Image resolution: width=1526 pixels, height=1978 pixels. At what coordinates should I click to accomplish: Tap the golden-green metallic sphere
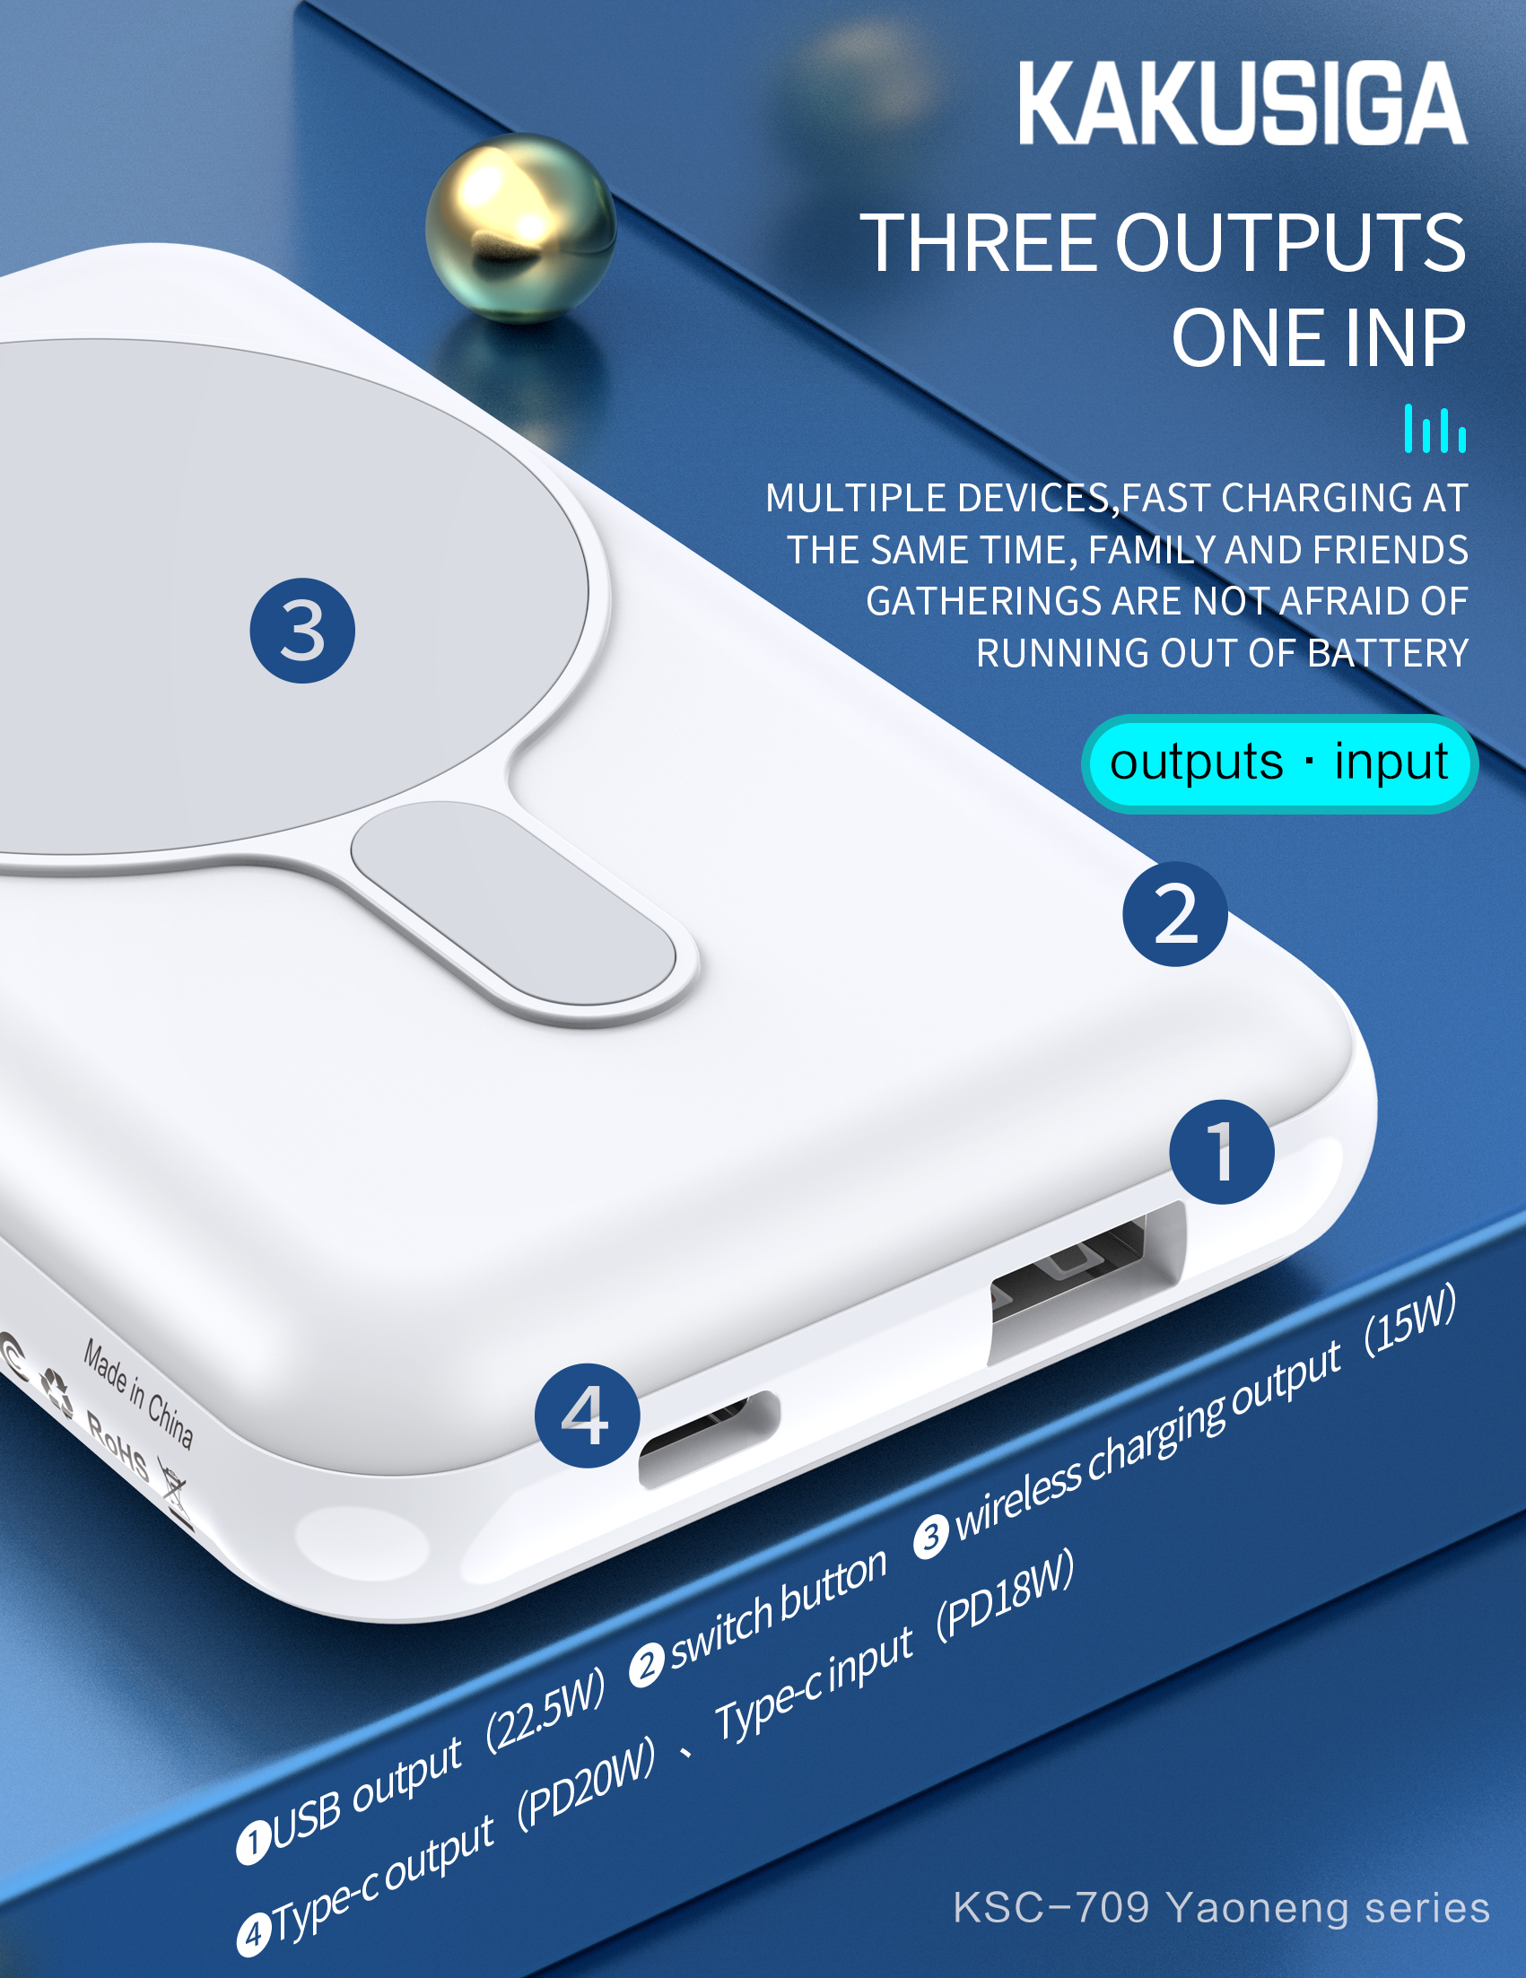click(519, 227)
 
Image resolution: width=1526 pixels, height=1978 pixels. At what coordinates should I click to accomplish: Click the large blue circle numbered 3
click(301, 631)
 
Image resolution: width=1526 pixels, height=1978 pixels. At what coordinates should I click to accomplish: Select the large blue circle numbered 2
click(1174, 914)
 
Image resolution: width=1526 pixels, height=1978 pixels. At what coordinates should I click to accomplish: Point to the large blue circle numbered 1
click(1221, 1152)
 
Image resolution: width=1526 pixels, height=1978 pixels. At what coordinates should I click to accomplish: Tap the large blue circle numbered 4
click(586, 1416)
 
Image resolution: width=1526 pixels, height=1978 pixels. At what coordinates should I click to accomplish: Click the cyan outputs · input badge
click(1277, 762)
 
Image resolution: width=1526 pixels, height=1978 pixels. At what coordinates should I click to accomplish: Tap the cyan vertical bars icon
click(1434, 430)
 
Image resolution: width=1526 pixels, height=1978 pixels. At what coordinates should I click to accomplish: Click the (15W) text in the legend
click(1410, 1320)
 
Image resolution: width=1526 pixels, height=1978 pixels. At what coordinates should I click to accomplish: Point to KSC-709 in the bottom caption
click(1051, 1907)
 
